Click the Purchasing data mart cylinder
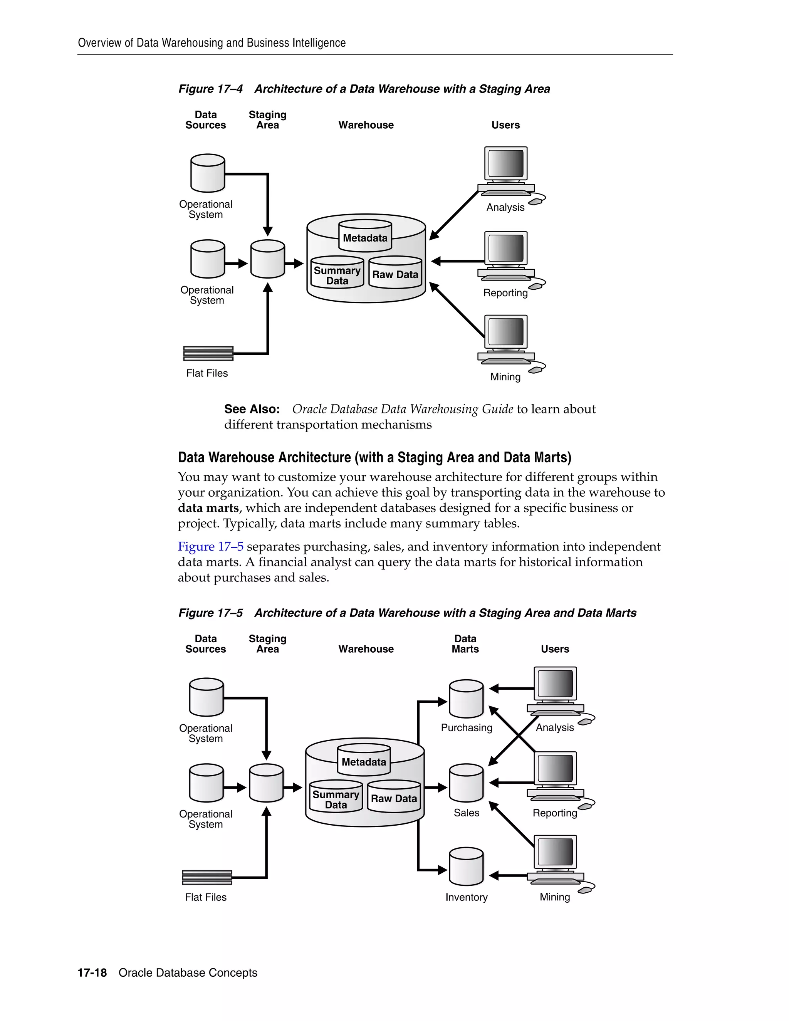click(466, 699)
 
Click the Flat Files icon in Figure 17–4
click(208, 353)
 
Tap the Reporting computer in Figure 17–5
click(555, 776)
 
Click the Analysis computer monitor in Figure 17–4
click(506, 165)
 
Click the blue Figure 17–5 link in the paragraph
click(210, 546)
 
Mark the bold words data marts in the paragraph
click(208, 508)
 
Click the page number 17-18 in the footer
click(92, 973)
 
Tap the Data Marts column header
click(465, 644)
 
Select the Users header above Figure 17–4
click(505, 125)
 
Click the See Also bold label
click(252, 409)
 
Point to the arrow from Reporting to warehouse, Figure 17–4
click(458, 261)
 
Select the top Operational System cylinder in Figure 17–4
click(208, 173)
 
